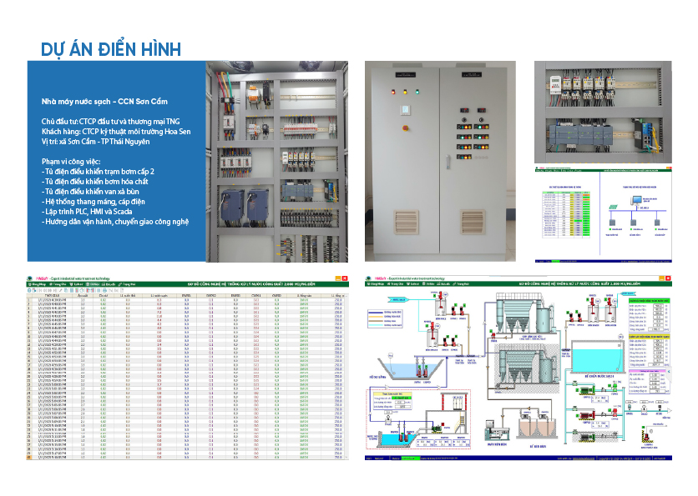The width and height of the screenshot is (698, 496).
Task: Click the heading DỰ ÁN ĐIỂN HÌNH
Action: (x=111, y=48)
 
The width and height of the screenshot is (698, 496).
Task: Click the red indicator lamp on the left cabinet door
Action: (x=394, y=91)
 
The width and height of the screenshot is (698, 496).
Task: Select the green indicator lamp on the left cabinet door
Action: (x=417, y=91)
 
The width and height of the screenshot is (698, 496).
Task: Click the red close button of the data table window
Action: (x=342, y=277)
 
